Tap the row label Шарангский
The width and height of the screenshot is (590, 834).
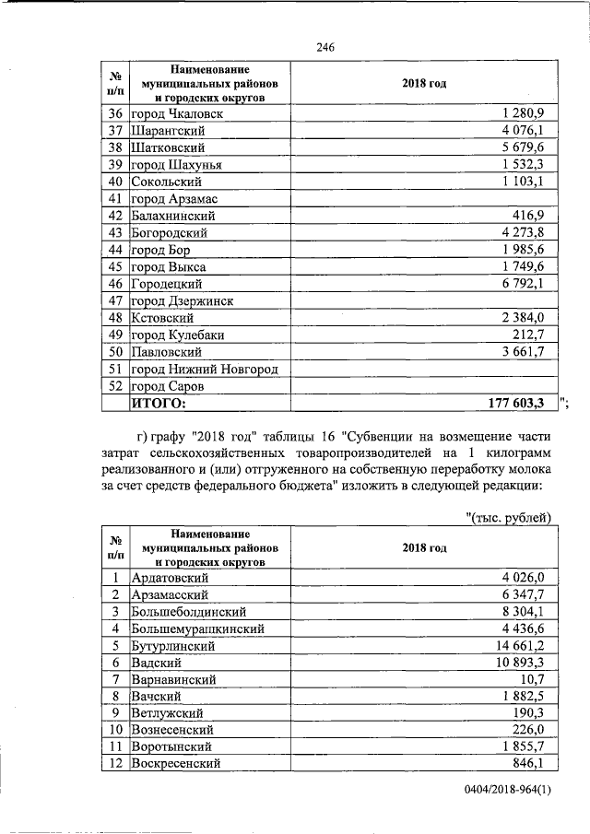tap(166, 130)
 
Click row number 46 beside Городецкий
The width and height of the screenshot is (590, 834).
tap(115, 284)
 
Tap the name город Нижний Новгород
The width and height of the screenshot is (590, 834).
tap(205, 369)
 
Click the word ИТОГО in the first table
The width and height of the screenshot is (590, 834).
tap(159, 403)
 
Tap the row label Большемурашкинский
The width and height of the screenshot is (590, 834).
tap(199, 628)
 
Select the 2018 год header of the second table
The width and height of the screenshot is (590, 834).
tap(424, 547)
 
